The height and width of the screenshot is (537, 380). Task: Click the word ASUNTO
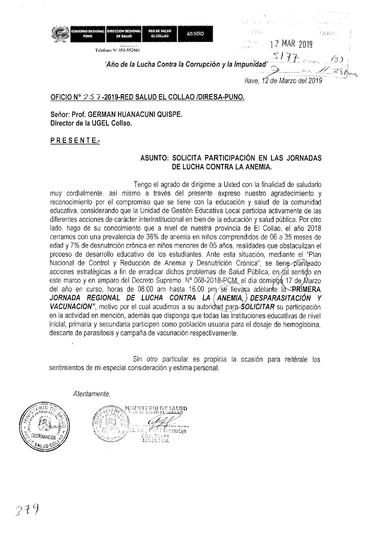(x=154, y=158)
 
